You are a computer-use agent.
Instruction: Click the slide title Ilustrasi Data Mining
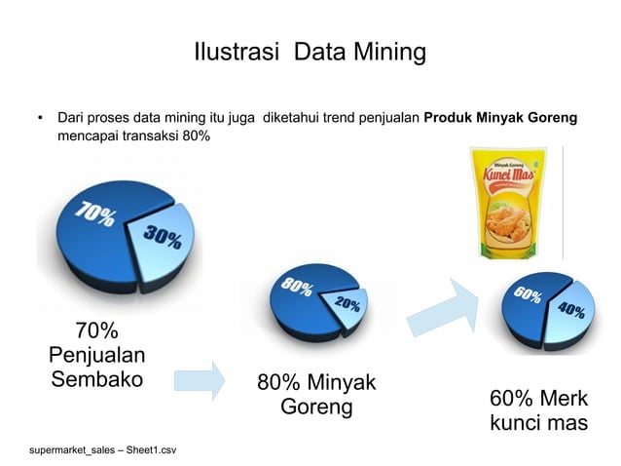pos(310,51)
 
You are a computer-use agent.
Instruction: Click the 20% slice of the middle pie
pos(347,304)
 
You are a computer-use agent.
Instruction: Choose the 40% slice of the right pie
pos(572,312)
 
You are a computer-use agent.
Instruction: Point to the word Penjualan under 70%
pos(97,354)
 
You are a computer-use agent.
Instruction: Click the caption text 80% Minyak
pos(316,381)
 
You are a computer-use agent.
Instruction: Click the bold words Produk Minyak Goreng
pos(500,118)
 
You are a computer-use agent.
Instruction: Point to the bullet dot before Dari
pos(40,118)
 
